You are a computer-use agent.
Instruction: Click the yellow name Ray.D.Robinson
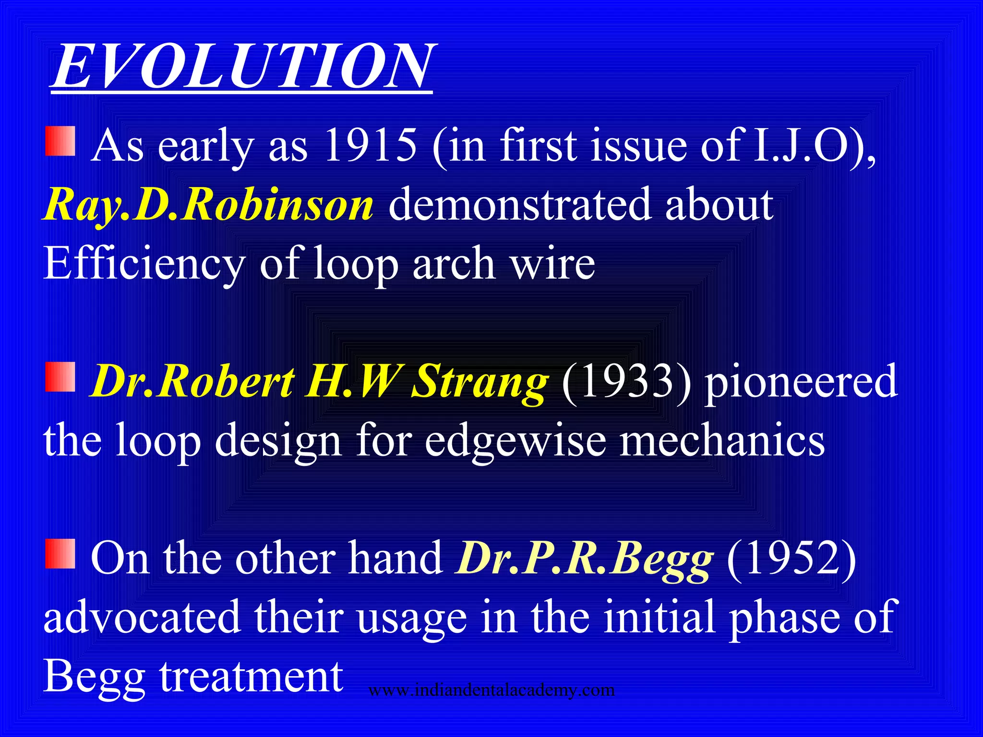tap(208, 205)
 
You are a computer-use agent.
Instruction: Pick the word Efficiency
tap(144, 264)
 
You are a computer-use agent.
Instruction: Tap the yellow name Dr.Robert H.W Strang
tap(319, 381)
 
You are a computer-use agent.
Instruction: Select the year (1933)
tap(626, 381)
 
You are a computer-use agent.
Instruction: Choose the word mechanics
tap(722, 440)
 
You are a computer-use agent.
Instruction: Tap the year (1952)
tap(791, 559)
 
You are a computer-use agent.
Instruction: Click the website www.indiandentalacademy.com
tap(491, 690)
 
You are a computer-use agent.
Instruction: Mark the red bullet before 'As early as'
tap(60, 142)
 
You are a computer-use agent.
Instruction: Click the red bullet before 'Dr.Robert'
tap(60, 377)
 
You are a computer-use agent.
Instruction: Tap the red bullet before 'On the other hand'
tap(60, 554)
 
